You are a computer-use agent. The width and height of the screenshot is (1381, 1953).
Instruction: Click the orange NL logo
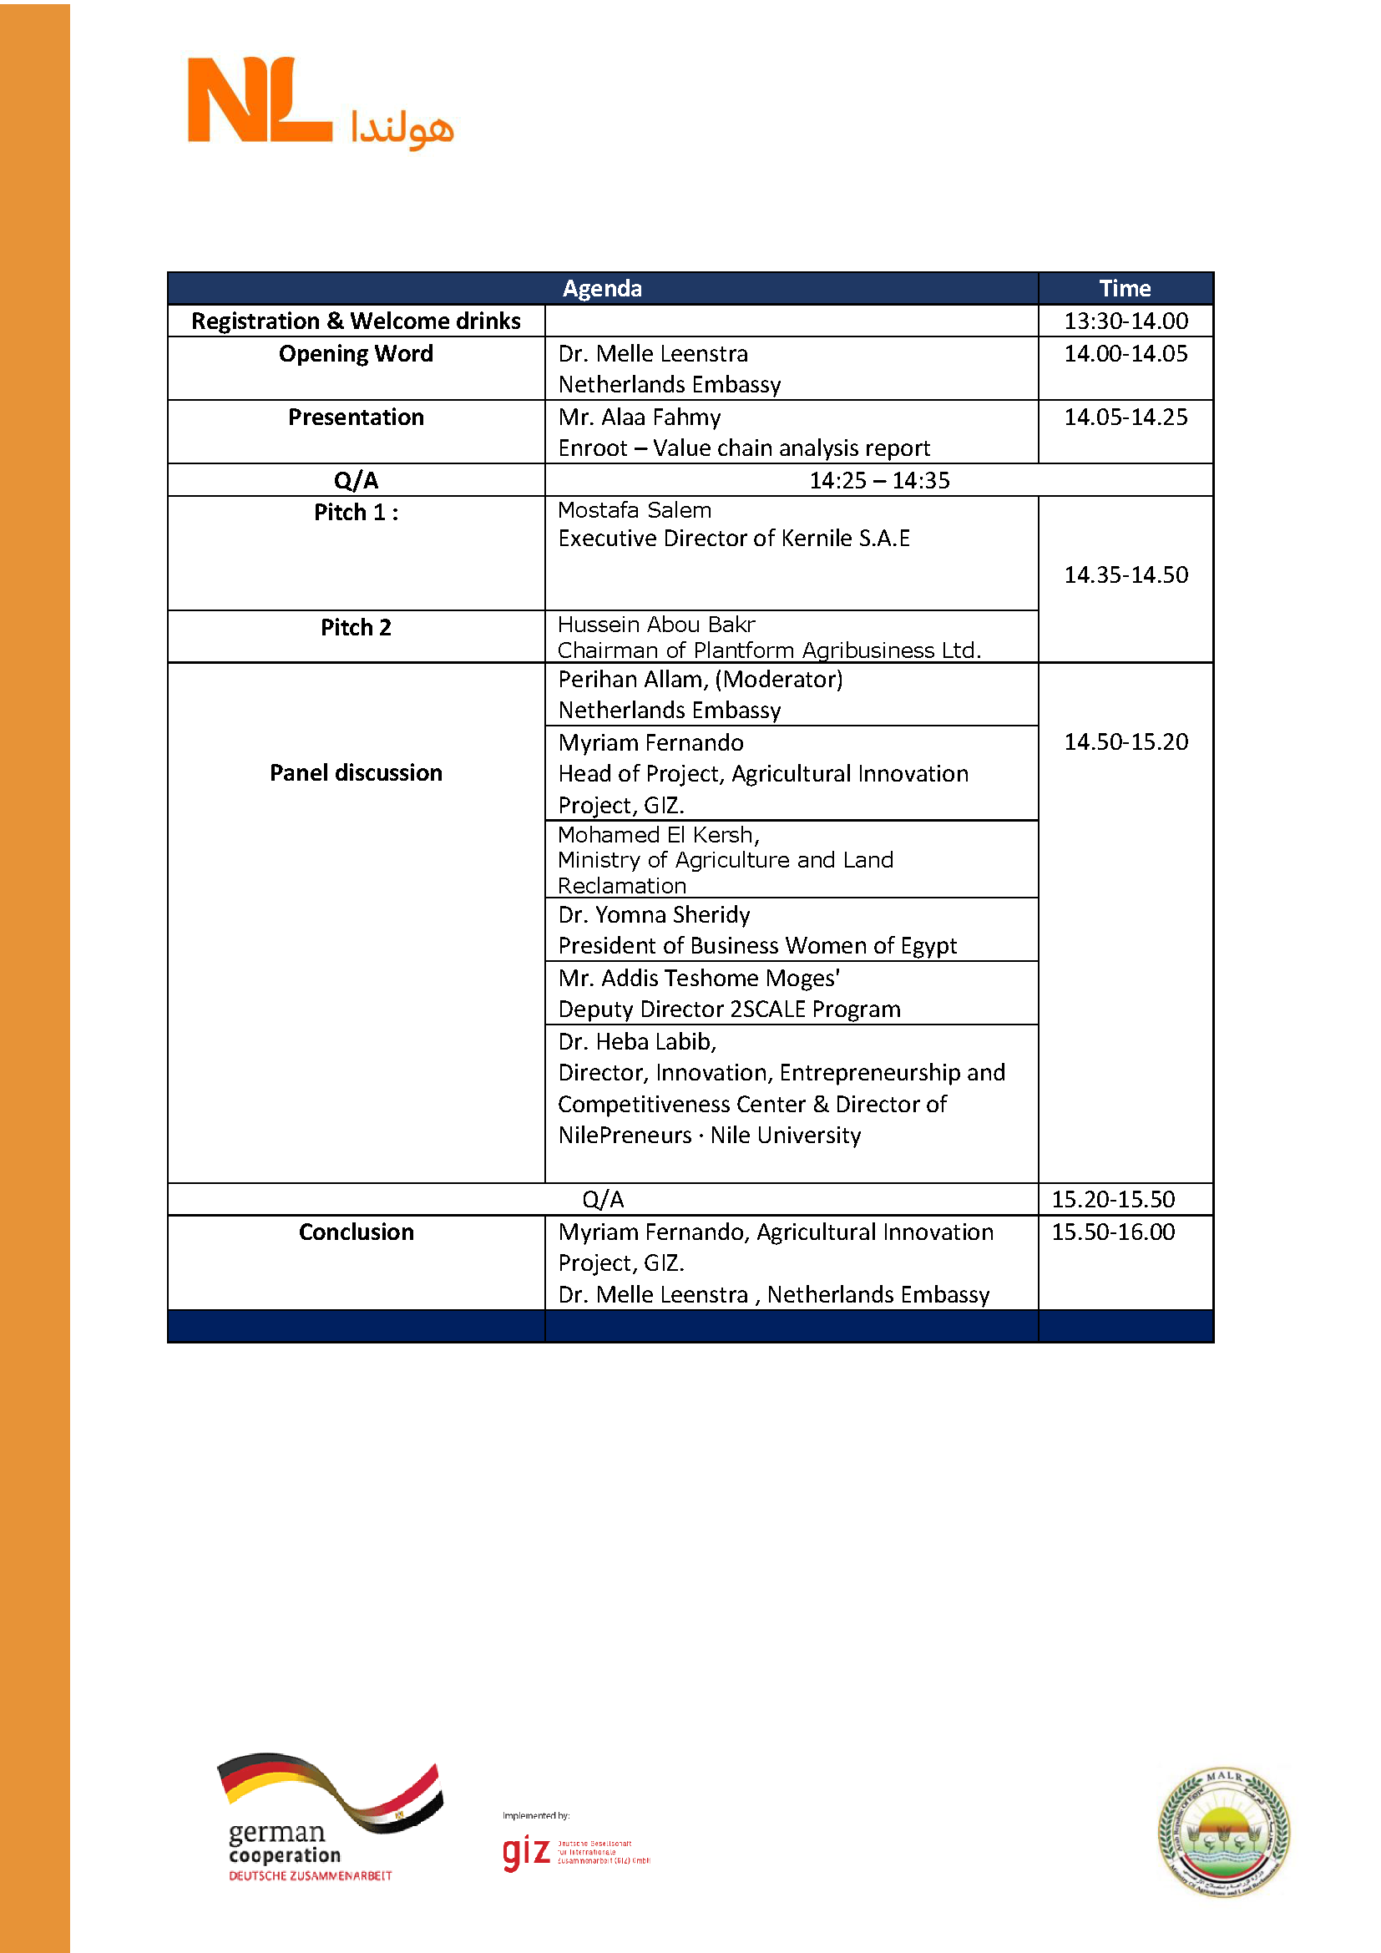(x=260, y=100)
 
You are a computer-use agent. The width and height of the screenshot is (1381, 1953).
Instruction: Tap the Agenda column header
(x=601, y=288)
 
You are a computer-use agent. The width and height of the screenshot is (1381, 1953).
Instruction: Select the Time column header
(x=1124, y=288)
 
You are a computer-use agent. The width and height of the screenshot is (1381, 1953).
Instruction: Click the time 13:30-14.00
(x=1126, y=321)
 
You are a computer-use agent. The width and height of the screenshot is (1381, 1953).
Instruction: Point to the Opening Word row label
(x=356, y=353)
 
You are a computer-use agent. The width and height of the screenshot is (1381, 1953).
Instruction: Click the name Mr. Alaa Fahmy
(x=640, y=417)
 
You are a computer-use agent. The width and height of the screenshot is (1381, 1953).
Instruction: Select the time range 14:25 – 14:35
(x=878, y=481)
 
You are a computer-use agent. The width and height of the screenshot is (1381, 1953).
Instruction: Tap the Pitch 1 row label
(x=356, y=512)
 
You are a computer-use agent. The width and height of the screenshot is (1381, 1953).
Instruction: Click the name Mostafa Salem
(x=635, y=509)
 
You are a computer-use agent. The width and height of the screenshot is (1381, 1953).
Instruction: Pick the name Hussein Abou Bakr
(x=656, y=624)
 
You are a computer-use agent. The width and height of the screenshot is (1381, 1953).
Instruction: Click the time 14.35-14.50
(x=1126, y=575)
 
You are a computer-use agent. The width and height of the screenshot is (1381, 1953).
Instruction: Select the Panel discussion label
(x=356, y=772)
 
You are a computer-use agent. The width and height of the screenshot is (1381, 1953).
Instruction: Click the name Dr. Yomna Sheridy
(x=654, y=914)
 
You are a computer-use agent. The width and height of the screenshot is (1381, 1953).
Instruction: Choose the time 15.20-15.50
(x=1113, y=1199)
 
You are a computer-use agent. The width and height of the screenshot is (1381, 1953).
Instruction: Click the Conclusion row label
(x=356, y=1232)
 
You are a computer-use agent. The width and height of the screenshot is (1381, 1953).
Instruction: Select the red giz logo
(x=525, y=1851)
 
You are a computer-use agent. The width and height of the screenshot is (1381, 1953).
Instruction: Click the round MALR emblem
(x=1223, y=1832)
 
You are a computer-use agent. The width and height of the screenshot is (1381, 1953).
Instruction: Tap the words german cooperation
(x=284, y=1843)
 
